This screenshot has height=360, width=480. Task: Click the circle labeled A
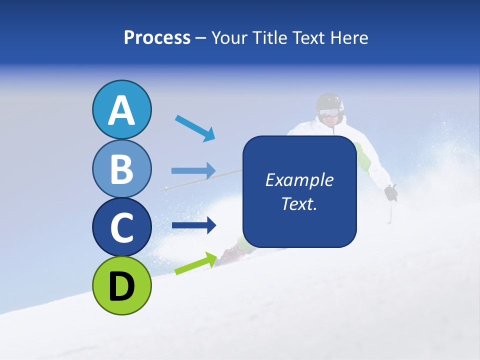point(121,110)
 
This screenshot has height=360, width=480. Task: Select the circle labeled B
point(121,168)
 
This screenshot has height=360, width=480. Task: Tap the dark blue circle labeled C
point(121,227)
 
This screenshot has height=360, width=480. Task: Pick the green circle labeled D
point(121,285)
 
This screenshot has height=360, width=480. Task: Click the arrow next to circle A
point(195,128)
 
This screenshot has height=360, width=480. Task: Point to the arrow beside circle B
point(193,170)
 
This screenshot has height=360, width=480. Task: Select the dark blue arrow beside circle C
point(193,225)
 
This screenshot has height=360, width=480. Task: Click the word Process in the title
point(157,37)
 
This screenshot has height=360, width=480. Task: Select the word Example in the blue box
point(299,180)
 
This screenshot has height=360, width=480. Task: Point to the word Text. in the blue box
point(299,203)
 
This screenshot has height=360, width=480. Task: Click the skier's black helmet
point(330,102)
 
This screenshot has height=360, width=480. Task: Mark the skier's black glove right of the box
point(391,192)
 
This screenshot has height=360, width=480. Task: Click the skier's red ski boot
point(233,254)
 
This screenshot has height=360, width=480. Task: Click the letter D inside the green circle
point(121,286)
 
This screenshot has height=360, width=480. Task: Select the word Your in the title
point(228,37)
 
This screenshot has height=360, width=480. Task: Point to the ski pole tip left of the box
point(165,189)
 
